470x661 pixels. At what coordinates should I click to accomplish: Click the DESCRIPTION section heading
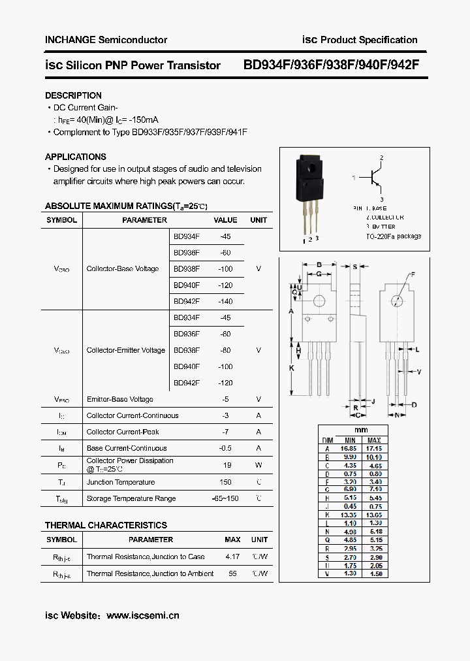pos(73,95)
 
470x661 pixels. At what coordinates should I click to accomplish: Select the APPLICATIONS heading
pos(76,157)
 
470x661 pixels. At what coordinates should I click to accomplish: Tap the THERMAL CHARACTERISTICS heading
pos(106,525)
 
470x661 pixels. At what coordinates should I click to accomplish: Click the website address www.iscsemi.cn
pos(142,615)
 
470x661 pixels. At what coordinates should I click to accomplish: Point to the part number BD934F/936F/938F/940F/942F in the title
pos(331,65)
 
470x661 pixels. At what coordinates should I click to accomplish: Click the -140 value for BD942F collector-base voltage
pos(226,301)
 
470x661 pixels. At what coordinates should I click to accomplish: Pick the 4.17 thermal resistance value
pos(232,556)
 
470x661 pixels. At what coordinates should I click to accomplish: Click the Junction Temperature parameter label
pos(121,482)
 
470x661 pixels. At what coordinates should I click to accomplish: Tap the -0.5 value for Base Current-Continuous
pos(226,448)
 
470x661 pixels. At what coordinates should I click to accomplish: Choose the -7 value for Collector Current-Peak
pos(226,432)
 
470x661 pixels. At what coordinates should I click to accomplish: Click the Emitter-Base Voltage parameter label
pos(120,399)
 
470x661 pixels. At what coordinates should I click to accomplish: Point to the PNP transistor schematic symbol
pos(374,178)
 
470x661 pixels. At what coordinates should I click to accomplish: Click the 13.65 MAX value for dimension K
pos(375,515)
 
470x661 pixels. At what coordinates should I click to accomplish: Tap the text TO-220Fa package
pos(394,236)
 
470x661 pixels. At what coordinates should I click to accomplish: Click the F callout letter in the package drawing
pos(413,274)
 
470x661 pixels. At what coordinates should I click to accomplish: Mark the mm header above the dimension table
pos(361,430)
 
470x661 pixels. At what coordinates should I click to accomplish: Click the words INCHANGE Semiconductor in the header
pos(106,40)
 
